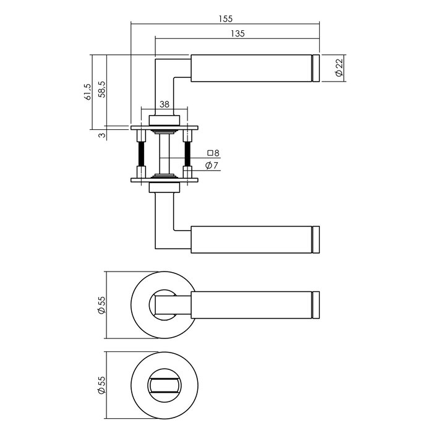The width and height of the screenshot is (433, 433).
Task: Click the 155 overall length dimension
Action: coord(226,19)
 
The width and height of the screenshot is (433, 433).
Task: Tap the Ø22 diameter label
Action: coord(338,69)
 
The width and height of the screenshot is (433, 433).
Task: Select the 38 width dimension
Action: coord(164,105)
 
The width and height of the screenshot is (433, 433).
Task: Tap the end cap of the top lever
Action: coord(316,69)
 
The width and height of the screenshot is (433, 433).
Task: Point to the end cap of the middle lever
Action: coord(316,239)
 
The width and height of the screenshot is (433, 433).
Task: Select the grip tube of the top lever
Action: coord(251,69)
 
